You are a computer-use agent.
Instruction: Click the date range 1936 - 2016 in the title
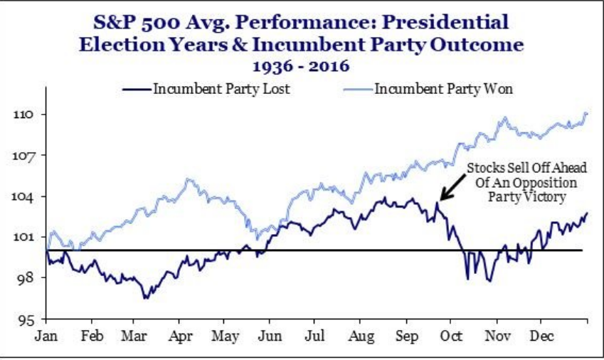pos(302,66)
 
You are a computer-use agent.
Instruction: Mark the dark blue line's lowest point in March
pos(145,297)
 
